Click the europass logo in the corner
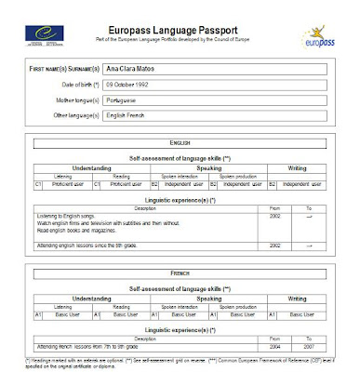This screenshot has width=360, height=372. [x=318, y=36]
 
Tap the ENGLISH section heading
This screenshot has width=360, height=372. [x=180, y=144]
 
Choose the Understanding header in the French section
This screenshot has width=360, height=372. [x=94, y=299]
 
